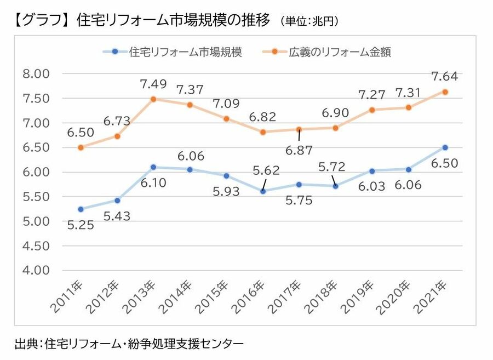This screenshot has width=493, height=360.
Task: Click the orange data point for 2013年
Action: [x=153, y=99]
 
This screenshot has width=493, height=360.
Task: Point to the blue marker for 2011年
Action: [x=81, y=209]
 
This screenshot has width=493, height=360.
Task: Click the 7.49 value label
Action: [x=154, y=84]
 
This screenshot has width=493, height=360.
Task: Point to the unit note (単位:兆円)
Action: [x=309, y=22]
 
